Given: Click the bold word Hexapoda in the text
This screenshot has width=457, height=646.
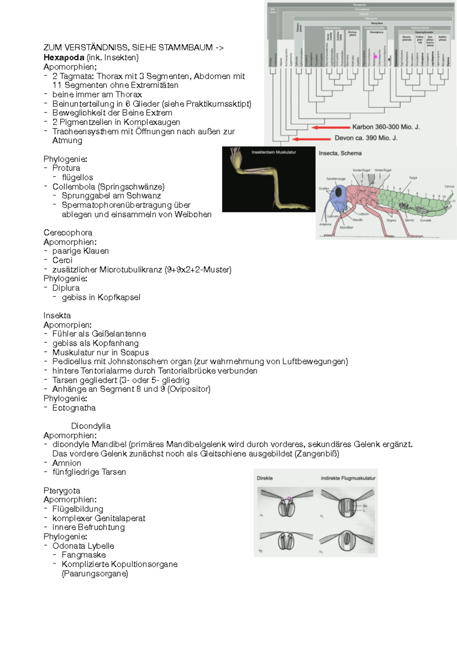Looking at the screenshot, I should (x=64, y=58).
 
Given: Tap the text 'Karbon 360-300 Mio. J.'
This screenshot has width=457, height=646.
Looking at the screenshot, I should (x=386, y=127).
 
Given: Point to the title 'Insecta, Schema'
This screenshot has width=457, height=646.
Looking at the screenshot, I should (x=340, y=153).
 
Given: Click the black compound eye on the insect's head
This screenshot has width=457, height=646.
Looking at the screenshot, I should (x=338, y=192).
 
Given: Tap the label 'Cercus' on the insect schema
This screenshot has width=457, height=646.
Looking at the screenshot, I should (x=449, y=186).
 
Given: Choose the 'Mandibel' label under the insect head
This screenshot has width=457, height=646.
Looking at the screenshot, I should (x=346, y=227).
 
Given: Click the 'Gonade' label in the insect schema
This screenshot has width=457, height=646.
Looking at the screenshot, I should (x=425, y=220).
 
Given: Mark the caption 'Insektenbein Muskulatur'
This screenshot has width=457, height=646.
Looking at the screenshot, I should (x=273, y=152).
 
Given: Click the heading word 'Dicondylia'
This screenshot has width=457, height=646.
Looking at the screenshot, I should (x=91, y=426).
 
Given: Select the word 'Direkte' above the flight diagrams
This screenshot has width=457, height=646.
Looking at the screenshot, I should (x=265, y=478).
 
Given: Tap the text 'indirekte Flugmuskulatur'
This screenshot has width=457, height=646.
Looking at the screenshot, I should (x=348, y=478).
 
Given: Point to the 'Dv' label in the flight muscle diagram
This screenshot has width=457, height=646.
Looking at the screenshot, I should (x=365, y=506).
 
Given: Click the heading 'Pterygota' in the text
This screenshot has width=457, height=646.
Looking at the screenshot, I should (x=62, y=491).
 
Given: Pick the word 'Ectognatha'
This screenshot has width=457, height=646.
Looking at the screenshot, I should (x=74, y=408).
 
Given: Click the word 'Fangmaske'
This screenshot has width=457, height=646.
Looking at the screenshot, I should (x=84, y=555).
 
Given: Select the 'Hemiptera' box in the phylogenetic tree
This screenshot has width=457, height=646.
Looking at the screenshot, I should (x=376, y=32).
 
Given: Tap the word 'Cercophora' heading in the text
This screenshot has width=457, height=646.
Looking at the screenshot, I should (x=68, y=232).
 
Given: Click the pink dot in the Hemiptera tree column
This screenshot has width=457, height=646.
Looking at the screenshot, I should (x=375, y=57).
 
